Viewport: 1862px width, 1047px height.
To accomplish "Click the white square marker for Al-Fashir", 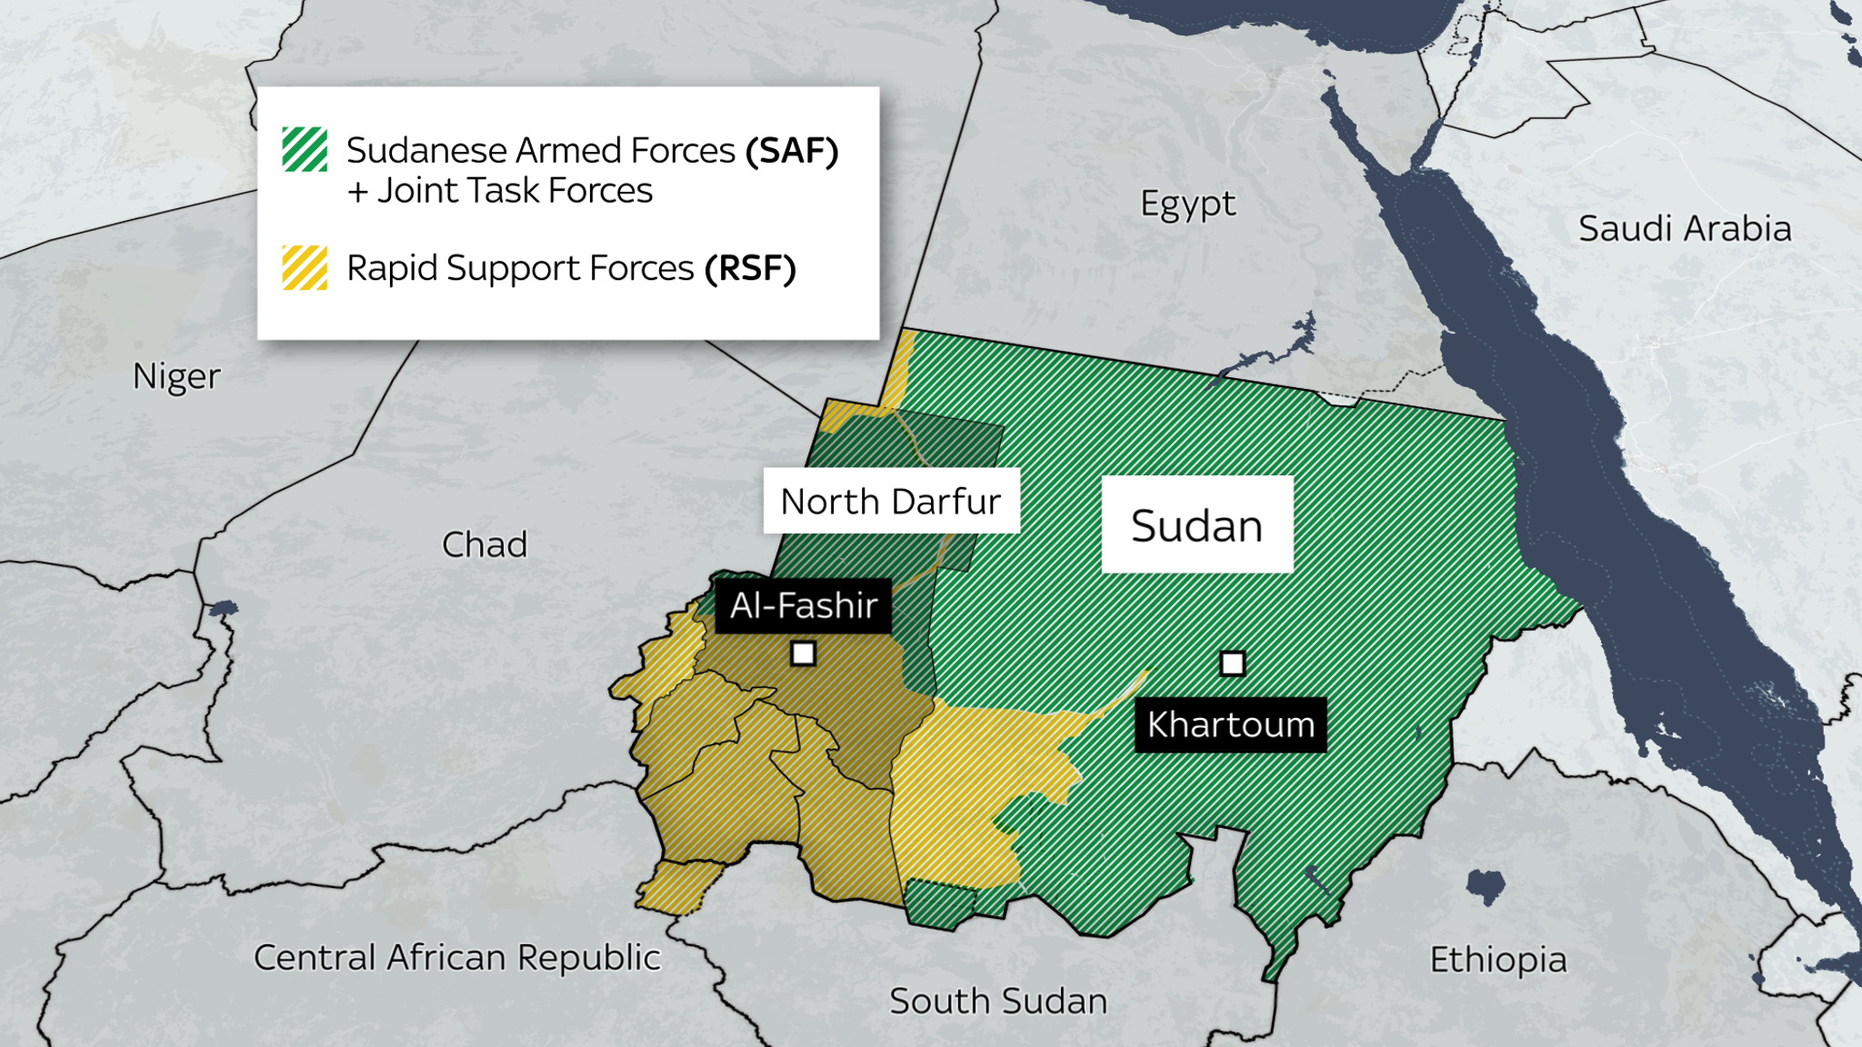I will pos(803,653).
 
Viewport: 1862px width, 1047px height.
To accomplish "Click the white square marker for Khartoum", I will pos(1232,663).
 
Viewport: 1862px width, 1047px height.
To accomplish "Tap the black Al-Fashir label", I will pos(804,605).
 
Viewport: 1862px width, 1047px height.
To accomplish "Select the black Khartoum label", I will pos(1230,725).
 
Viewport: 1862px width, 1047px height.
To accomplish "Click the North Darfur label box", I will pos(891,501).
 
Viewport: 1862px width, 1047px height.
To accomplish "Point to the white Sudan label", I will pos(1196,524).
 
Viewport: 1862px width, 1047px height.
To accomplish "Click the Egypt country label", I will pos(1187,204).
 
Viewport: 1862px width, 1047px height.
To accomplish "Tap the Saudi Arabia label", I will pos(1684,228).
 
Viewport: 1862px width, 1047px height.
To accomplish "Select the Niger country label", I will pos(176,376).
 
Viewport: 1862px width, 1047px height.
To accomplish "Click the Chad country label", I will pos(484,544).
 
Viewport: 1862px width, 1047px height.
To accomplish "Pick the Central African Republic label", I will pos(456,958).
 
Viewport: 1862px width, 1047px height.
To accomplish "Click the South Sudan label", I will pos(997,1001).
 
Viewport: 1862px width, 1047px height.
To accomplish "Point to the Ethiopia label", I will pos(1497,960).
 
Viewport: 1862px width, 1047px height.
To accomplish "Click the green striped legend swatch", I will pos(305,150).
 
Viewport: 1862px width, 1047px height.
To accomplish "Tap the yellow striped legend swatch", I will pos(305,267).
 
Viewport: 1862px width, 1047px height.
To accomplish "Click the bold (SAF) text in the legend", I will pos(791,151).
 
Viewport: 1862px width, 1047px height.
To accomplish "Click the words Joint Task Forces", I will pos(515,191).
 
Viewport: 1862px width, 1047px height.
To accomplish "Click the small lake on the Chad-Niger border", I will pos(224,607).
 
